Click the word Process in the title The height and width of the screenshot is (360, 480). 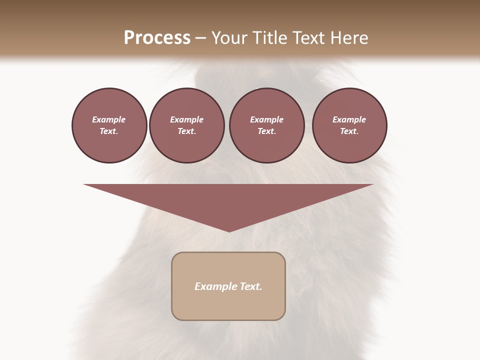coord(157,38)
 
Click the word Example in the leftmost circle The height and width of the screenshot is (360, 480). coord(109,119)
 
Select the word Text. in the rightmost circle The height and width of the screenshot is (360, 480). coord(349,131)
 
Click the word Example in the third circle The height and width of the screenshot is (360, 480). coord(266,119)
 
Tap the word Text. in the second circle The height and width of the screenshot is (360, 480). coord(186,131)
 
